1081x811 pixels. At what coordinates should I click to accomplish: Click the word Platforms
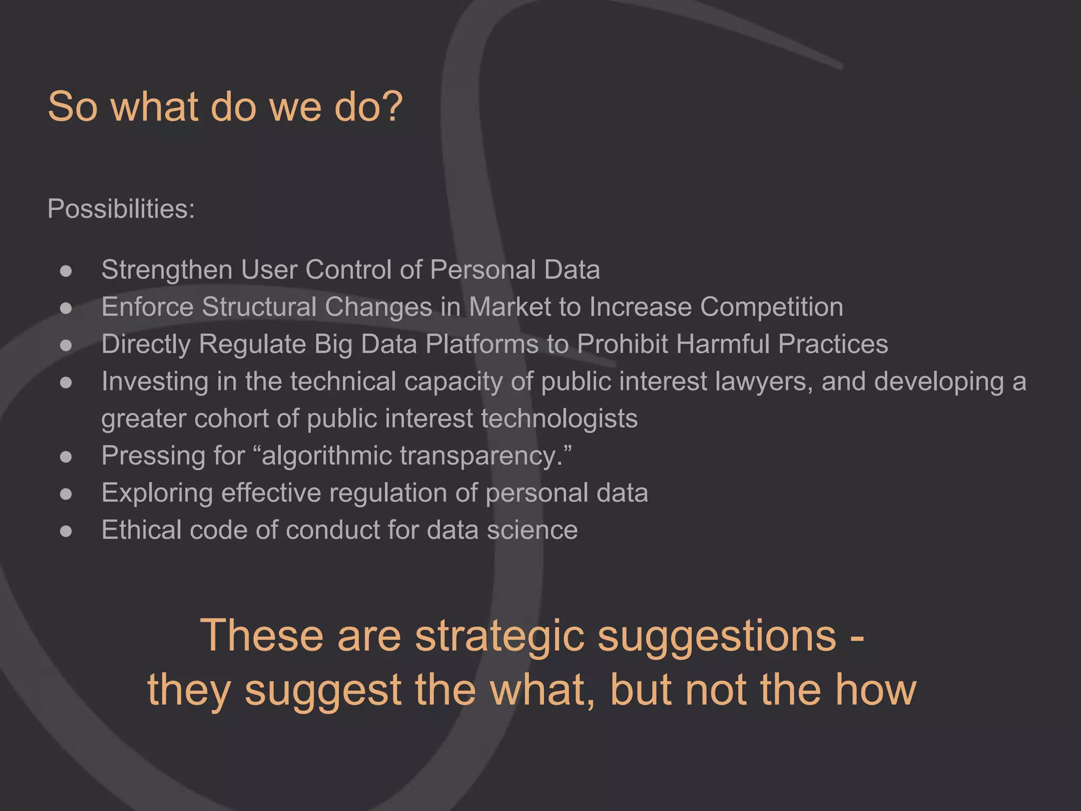[x=482, y=344]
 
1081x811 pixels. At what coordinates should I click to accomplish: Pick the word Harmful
[x=723, y=344]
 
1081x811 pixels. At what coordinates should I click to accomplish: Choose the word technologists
[x=559, y=419]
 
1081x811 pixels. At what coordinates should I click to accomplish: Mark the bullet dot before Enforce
[x=66, y=308]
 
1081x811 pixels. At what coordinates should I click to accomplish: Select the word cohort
[x=232, y=419]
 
